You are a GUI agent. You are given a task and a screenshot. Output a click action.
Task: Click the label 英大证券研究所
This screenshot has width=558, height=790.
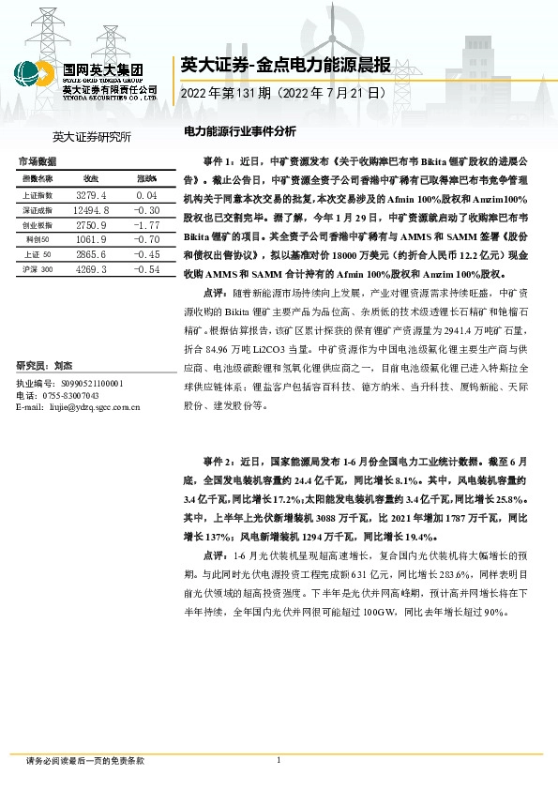click(92, 138)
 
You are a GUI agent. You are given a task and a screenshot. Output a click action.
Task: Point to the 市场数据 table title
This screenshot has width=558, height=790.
click(38, 162)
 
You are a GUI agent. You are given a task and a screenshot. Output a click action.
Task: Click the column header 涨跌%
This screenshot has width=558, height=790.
click(146, 178)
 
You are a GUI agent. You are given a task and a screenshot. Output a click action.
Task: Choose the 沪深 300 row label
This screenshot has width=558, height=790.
click(38, 269)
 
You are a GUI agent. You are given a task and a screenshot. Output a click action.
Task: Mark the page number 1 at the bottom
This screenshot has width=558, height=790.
click(279, 760)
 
